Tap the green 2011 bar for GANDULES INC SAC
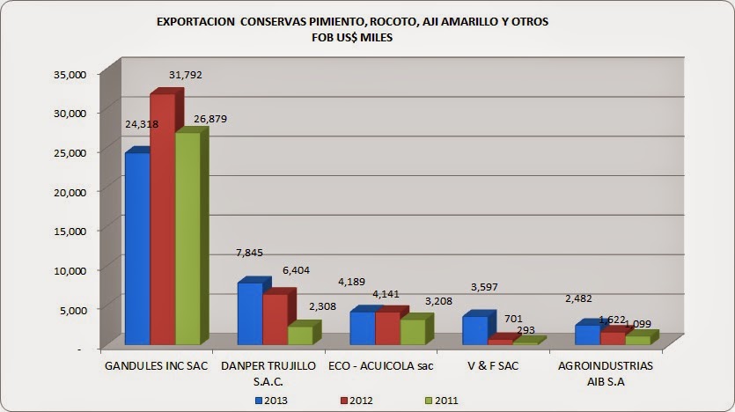click(187, 238)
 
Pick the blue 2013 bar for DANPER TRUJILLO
click(250, 313)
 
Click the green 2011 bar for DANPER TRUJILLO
click(300, 335)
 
